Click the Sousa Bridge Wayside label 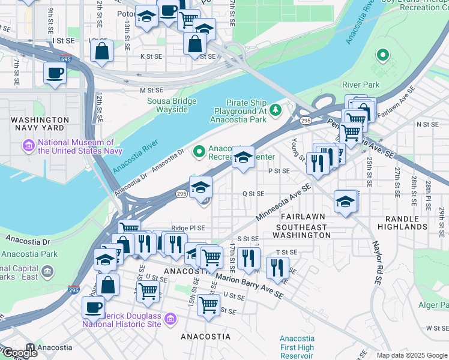pyautogui.click(x=172, y=105)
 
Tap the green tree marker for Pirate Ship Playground pyautogui.click(x=276, y=109)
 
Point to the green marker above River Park pyautogui.click(x=382, y=56)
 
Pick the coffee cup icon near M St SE pyautogui.click(x=55, y=74)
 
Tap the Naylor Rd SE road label pyautogui.click(x=377, y=263)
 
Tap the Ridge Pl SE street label pyautogui.click(x=188, y=228)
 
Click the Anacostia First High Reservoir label pyautogui.click(x=297, y=347)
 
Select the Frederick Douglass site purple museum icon pyautogui.click(x=171, y=318)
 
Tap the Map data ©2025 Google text pyautogui.click(x=412, y=355)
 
